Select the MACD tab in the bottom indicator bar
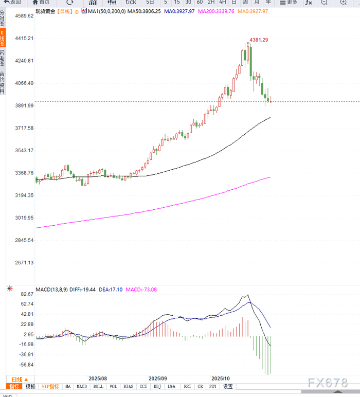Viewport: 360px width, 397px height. point(82,386)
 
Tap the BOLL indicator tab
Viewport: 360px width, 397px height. point(98,386)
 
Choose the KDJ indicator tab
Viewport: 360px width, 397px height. point(157,386)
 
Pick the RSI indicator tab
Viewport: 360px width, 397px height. point(188,386)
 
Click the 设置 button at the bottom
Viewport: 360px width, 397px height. point(228,386)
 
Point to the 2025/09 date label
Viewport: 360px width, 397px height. point(158,377)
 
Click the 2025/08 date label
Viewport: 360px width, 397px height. point(98,377)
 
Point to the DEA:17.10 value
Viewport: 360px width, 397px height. point(110,290)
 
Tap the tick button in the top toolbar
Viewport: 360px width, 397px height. point(131,2)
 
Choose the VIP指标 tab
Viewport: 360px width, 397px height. point(50,386)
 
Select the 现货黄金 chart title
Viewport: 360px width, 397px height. point(45,11)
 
